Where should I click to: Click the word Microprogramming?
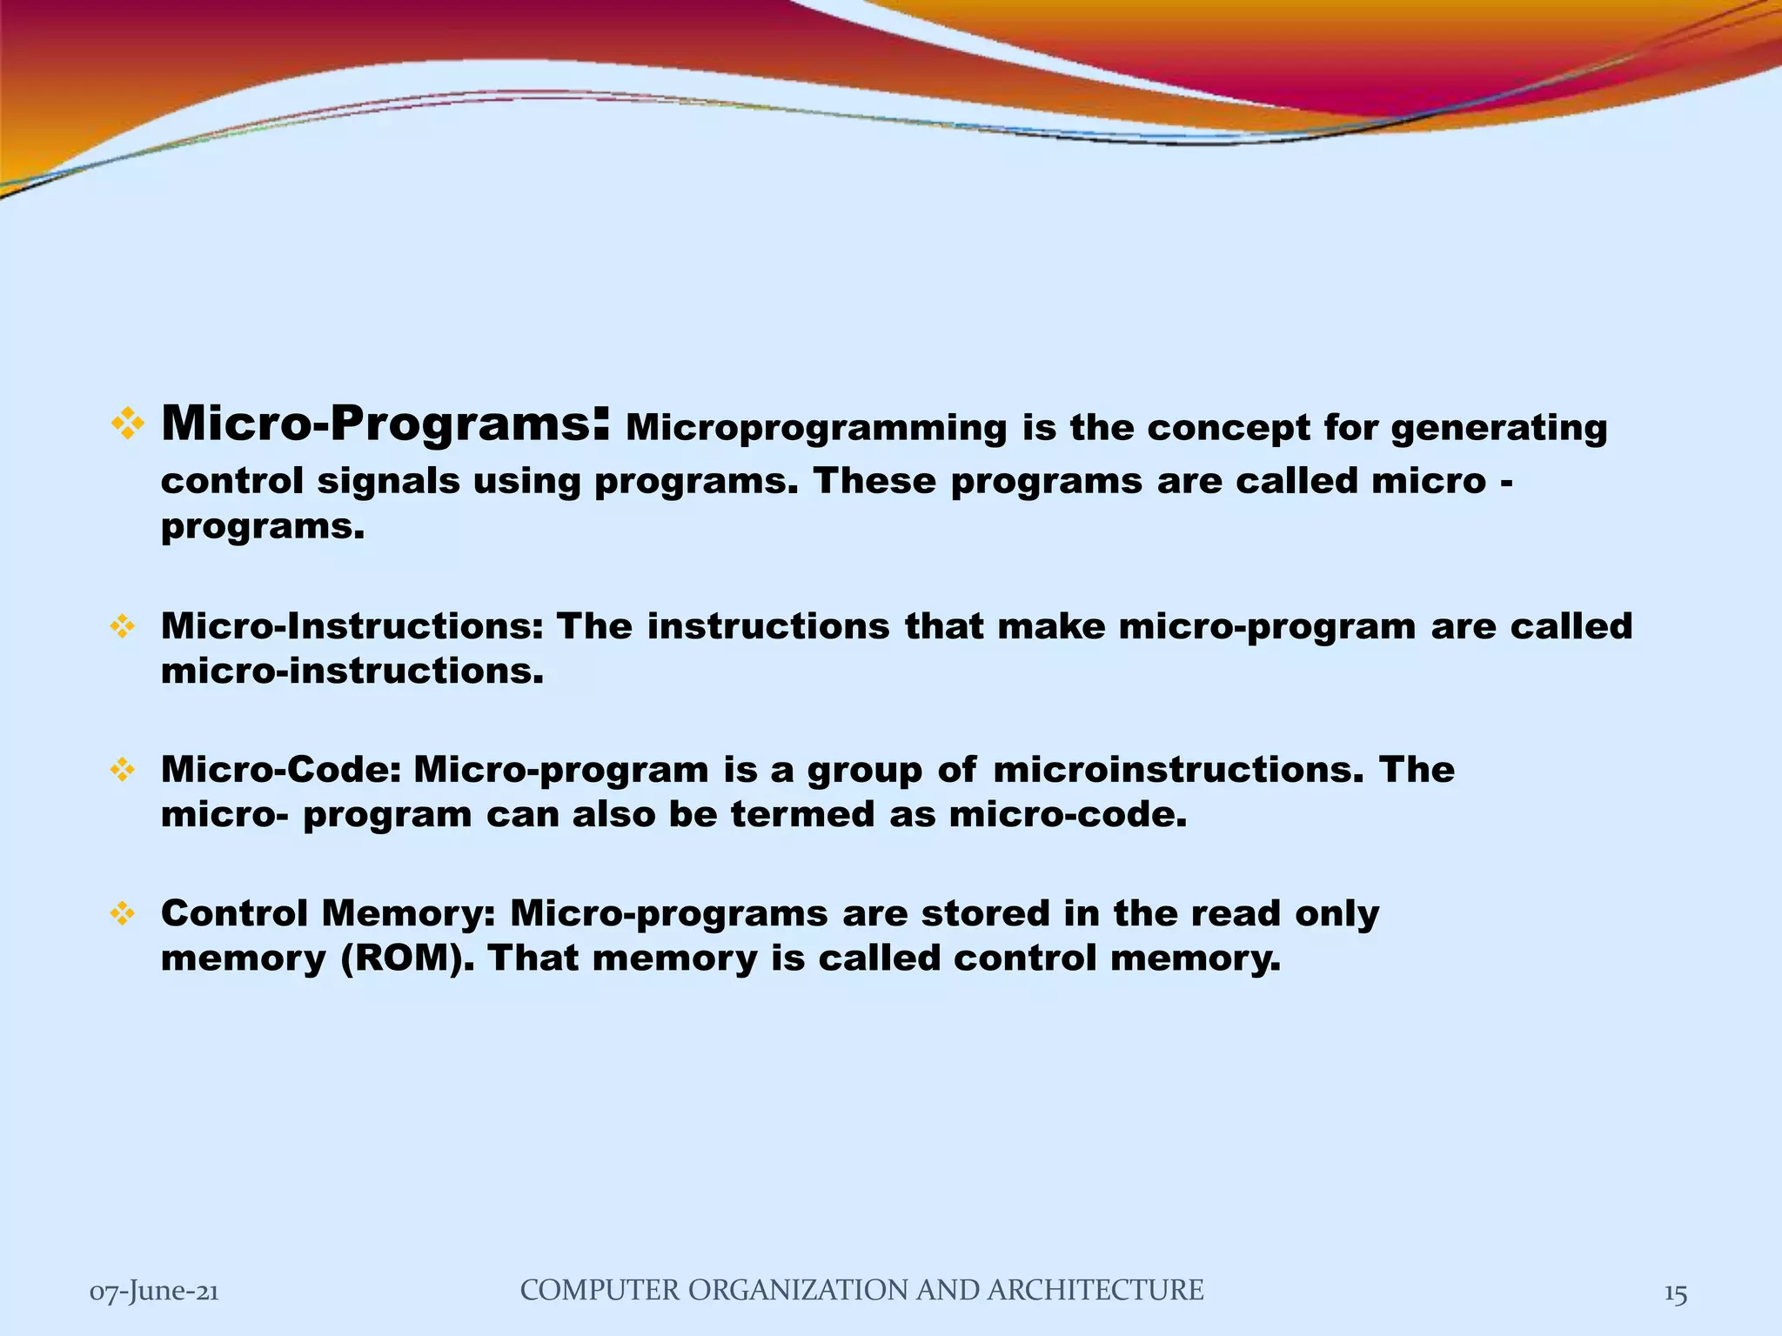pos(815,429)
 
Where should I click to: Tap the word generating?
pos(1498,429)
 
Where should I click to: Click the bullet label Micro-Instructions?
pos(352,627)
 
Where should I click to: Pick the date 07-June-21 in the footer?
pos(154,1292)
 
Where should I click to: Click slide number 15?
pos(1675,1293)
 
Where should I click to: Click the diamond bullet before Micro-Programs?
pos(128,425)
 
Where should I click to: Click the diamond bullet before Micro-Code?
pos(123,771)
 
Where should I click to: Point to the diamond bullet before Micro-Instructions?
pos(123,627)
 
